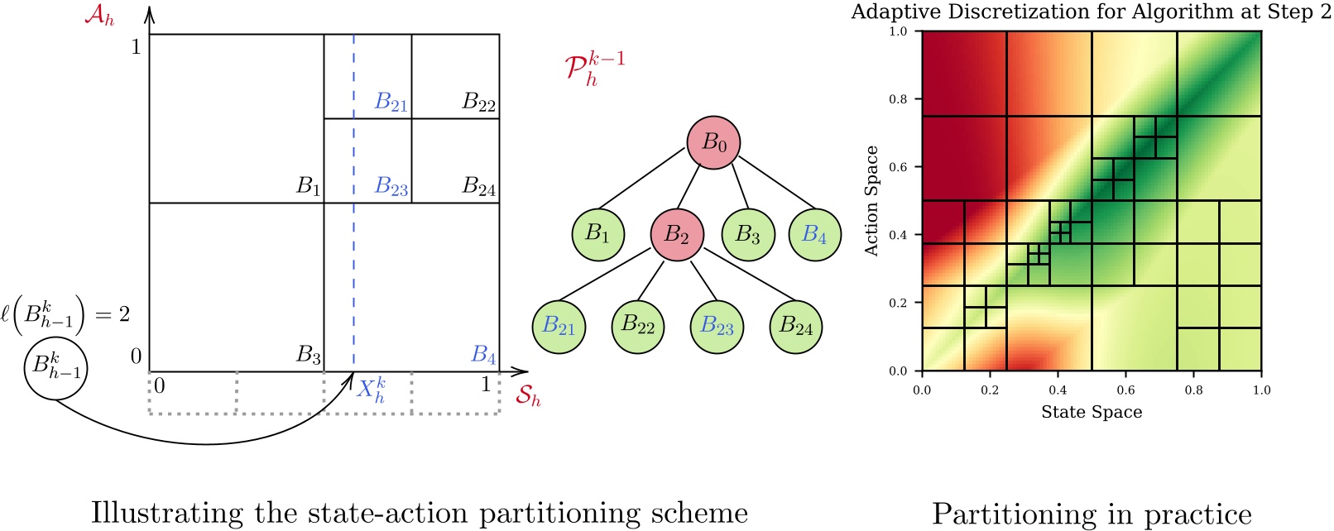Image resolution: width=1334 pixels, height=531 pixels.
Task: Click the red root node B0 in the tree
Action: click(713, 143)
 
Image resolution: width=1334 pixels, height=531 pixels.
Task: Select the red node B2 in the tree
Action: click(677, 235)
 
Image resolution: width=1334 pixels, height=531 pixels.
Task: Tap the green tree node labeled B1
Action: click(597, 234)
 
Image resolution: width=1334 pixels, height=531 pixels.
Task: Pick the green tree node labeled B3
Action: click(748, 235)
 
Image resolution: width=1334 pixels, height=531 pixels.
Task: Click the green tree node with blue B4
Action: click(814, 235)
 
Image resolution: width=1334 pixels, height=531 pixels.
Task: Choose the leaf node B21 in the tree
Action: click(559, 327)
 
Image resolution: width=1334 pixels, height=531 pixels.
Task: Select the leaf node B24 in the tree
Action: click(796, 327)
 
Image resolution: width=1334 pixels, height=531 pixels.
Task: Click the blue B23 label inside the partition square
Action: click(391, 186)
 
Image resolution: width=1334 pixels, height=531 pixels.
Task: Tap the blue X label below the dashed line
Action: click(370, 389)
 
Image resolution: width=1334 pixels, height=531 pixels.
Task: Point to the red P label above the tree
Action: click(593, 69)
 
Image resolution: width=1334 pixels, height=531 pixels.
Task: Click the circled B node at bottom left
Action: click(55, 366)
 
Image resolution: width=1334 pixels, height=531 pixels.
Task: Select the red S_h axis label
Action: click(528, 396)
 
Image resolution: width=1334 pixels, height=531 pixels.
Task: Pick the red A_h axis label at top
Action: click(98, 16)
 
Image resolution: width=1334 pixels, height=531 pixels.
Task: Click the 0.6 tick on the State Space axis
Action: click(1125, 390)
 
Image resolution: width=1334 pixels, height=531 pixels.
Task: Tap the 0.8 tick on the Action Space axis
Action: click(898, 99)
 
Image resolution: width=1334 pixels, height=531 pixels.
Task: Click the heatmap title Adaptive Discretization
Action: click(1091, 12)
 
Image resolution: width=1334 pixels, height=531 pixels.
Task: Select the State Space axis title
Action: click(1091, 412)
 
